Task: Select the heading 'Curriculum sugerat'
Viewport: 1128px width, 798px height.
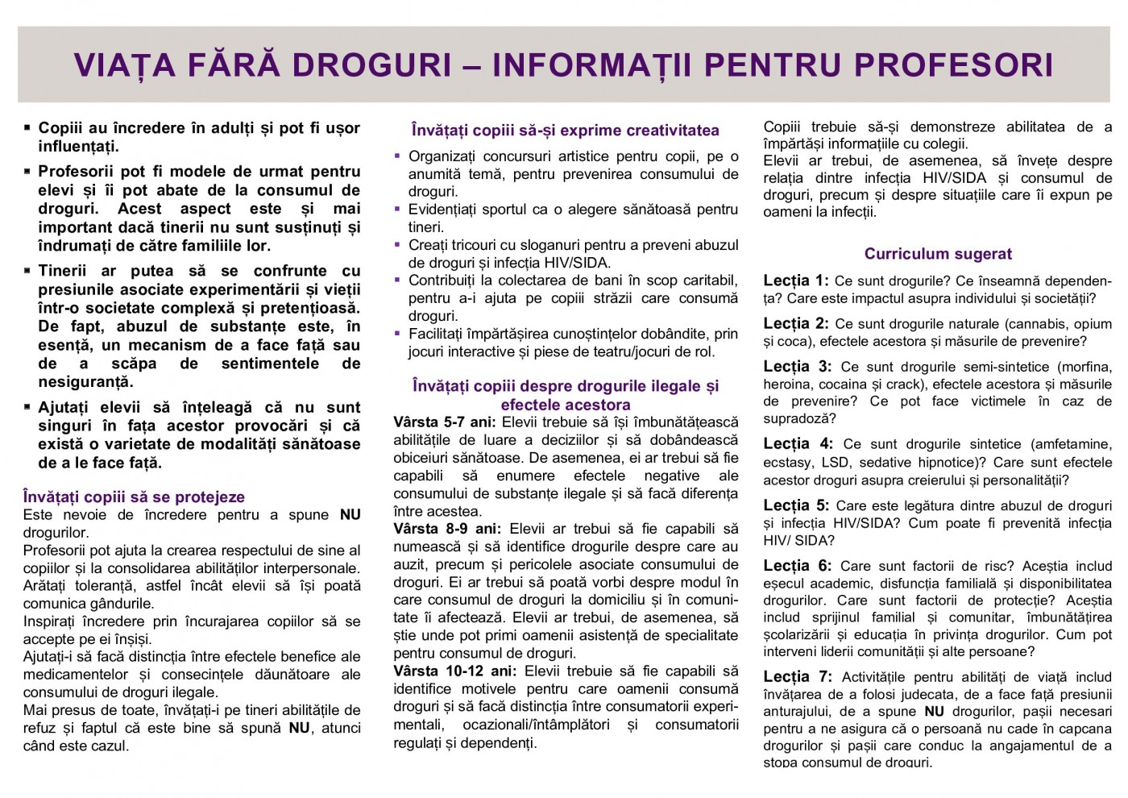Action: point(938,254)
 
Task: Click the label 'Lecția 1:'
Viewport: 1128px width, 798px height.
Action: point(795,281)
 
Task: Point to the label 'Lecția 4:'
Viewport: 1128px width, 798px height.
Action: point(798,444)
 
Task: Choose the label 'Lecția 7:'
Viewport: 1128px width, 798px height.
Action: point(798,677)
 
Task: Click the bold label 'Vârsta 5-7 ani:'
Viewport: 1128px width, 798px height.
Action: point(445,422)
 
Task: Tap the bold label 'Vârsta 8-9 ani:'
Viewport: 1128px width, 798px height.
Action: point(446,529)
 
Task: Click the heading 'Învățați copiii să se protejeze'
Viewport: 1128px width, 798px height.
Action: point(134,497)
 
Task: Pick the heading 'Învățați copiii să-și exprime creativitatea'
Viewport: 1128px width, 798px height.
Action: point(565,131)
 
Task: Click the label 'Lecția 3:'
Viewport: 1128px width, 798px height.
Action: point(798,367)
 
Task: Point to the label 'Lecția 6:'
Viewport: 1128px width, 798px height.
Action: point(798,566)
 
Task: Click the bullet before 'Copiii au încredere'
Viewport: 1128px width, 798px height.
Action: point(28,128)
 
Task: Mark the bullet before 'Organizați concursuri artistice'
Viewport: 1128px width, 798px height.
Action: point(397,156)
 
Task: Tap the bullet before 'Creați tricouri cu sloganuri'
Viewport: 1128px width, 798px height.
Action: point(397,244)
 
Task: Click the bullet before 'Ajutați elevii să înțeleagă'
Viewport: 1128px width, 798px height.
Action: point(28,407)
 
